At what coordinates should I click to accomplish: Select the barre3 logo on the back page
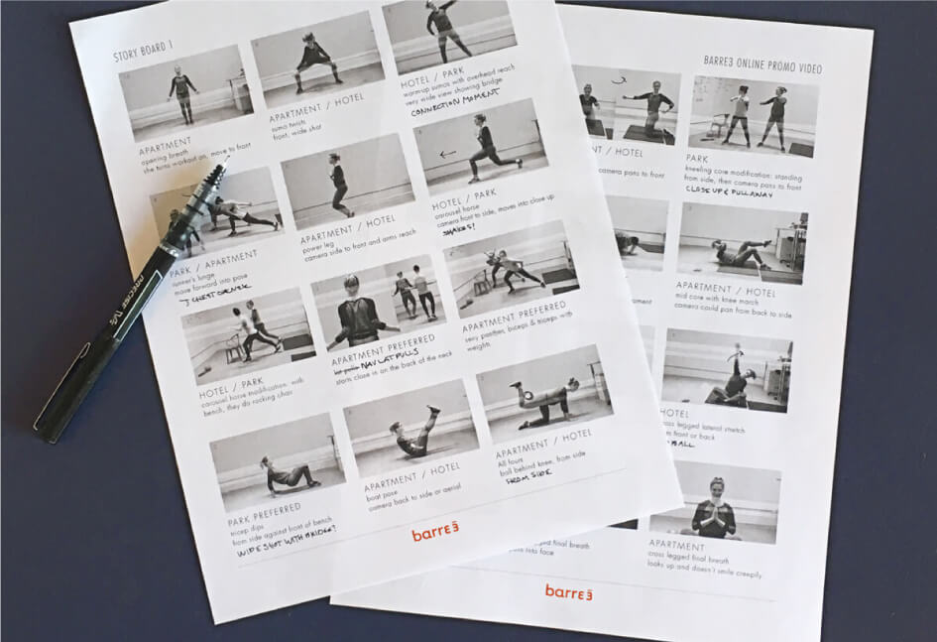coord(567,591)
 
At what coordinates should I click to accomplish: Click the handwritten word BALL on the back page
coord(680,444)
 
